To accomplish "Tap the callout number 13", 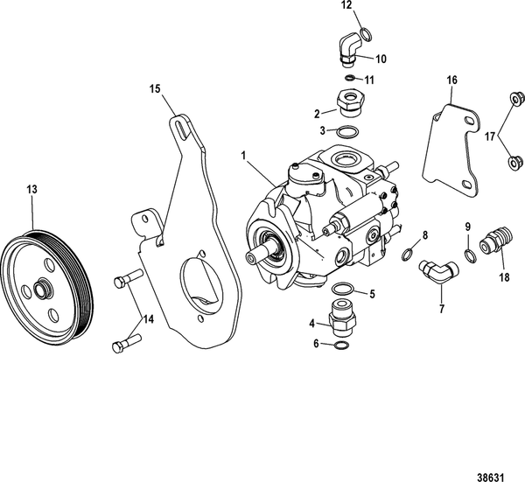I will (x=32, y=188).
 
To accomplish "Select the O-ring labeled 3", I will (x=347, y=132).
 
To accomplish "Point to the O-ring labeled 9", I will (x=471, y=254).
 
